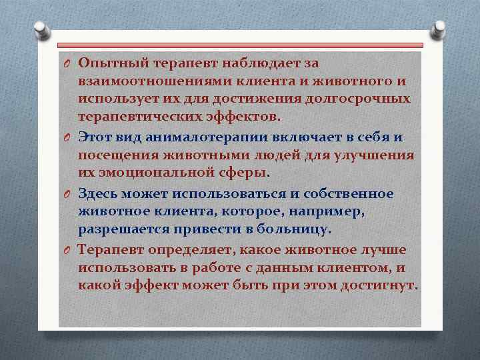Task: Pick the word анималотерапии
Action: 204,137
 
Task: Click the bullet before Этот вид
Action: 67,137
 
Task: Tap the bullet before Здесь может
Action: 67,194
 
